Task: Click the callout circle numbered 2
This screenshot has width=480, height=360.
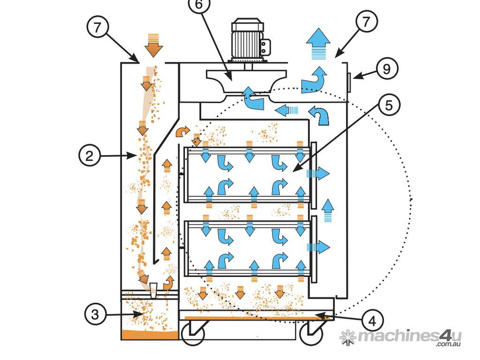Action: point(90,156)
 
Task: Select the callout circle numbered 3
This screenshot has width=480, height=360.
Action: point(95,314)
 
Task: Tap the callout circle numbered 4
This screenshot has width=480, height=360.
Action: point(373,321)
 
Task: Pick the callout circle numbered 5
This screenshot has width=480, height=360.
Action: point(389,105)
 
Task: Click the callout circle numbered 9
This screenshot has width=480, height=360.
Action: point(387,68)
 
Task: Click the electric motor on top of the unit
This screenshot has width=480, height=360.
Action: point(249,39)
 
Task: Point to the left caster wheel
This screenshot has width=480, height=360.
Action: point(193,333)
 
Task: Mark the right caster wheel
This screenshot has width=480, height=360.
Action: point(311,333)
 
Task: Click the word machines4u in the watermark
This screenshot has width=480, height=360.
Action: point(410,336)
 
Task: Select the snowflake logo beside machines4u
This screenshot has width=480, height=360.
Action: point(347,337)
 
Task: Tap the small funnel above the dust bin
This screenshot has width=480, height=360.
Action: point(154,290)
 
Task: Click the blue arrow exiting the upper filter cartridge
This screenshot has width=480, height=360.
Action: point(318,173)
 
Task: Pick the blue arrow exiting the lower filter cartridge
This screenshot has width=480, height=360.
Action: point(318,247)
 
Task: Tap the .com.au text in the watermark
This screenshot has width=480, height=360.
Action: point(449,344)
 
